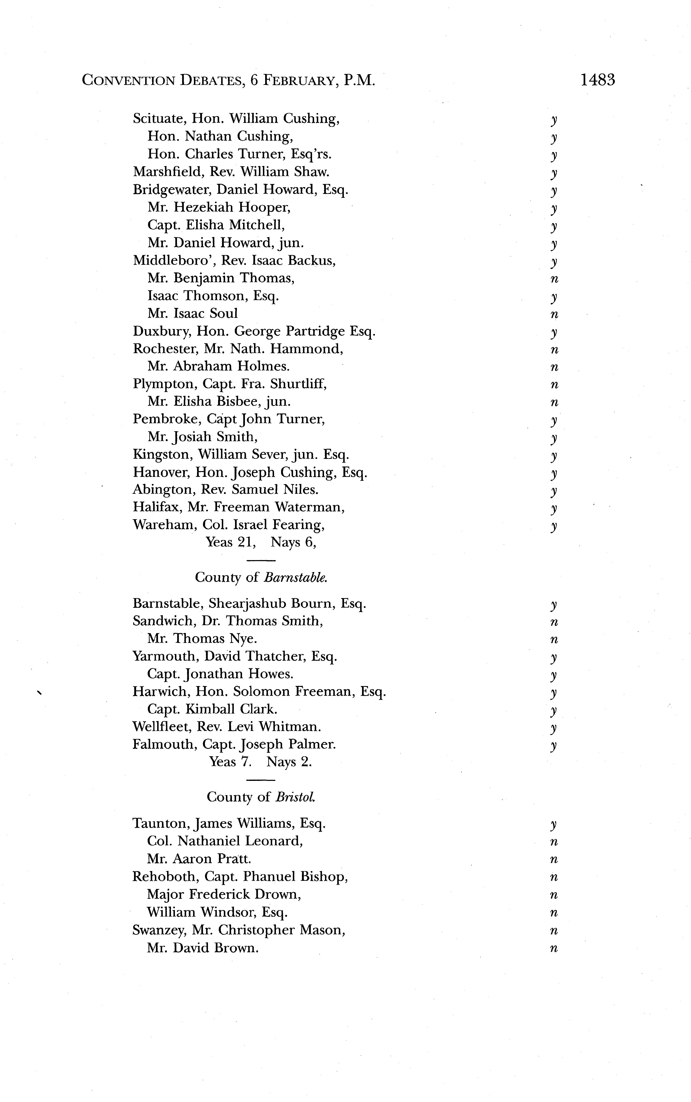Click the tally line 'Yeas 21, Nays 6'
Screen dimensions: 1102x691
point(261,542)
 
